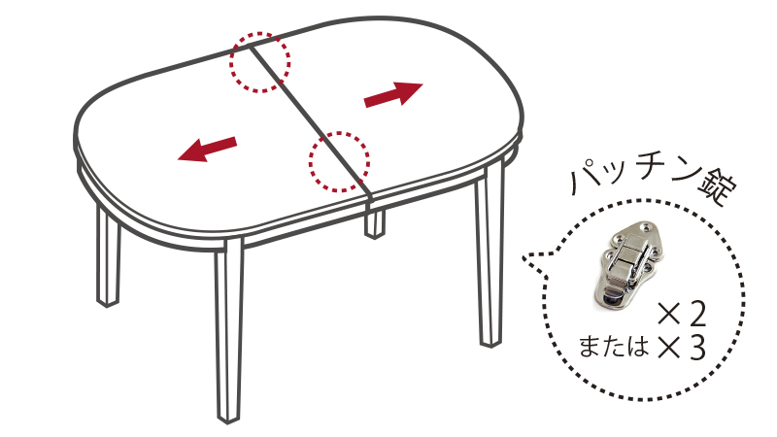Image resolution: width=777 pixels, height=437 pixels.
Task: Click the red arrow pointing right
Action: pyautogui.click(x=393, y=94)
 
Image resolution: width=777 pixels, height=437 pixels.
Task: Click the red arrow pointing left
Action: pyautogui.click(x=207, y=150)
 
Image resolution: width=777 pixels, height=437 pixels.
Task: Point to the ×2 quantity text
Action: pyautogui.click(x=682, y=315)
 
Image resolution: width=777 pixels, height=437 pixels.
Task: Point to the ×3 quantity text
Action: pyautogui.click(x=682, y=350)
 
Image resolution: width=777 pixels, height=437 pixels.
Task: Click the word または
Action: pyautogui.click(x=614, y=346)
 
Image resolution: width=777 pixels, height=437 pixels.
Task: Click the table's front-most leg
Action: pyautogui.click(x=229, y=332)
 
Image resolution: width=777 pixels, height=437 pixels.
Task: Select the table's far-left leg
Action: pyautogui.click(x=108, y=257)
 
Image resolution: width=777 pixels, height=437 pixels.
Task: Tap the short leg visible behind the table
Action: pyautogui.click(x=375, y=224)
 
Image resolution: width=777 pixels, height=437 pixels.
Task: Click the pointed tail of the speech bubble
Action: pyautogui.click(x=524, y=257)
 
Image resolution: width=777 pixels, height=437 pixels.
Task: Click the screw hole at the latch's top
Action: pyautogui.click(x=646, y=226)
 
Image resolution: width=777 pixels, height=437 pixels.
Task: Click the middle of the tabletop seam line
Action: pyautogui.click(x=308, y=118)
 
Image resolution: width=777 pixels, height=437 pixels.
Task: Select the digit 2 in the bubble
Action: pyautogui.click(x=696, y=315)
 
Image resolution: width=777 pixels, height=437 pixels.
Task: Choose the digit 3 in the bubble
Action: pyautogui.click(x=696, y=350)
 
